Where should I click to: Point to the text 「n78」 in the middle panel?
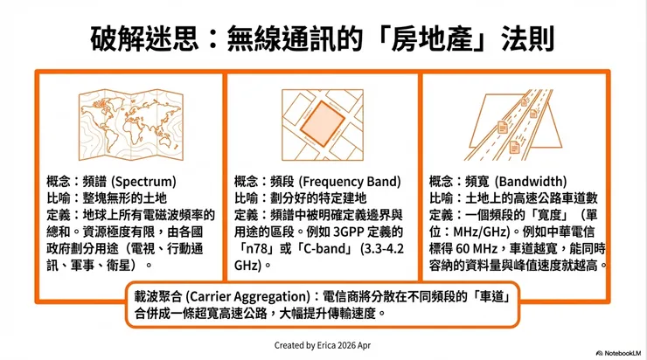click(x=255, y=247)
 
